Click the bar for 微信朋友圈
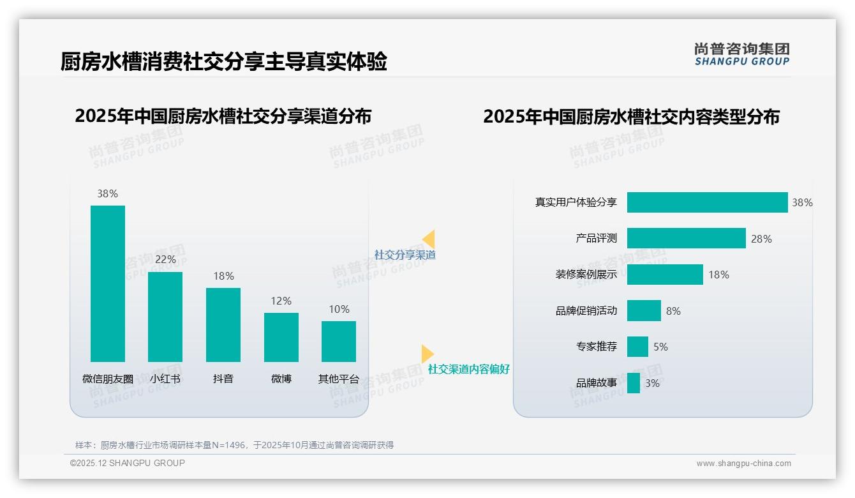108,283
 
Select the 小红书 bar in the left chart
165,317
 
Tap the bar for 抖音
223,324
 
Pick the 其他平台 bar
339,341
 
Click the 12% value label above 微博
281,301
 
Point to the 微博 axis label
281,379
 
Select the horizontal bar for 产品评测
686,238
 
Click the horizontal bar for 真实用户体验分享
707,202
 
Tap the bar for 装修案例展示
665,275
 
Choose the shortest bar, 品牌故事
634,383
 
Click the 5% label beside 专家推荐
660,347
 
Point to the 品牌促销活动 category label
586,311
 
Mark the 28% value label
761,239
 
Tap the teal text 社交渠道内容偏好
468,369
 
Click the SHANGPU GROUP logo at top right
741,54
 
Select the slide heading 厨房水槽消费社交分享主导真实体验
223,62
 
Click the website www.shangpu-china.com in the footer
743,464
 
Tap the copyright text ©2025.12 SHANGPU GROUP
128,463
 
